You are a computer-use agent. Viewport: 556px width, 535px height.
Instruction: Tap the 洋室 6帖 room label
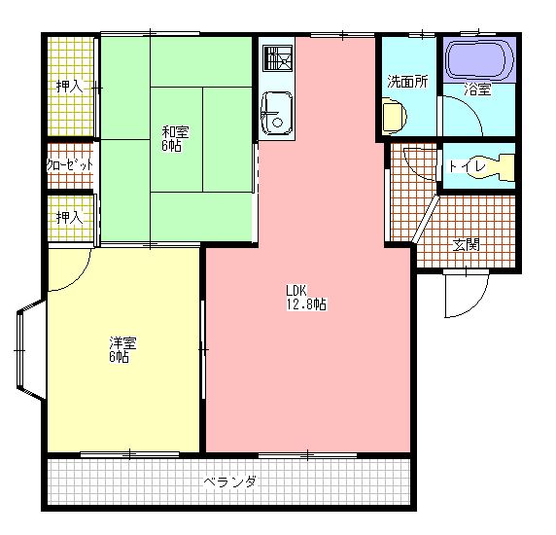122,349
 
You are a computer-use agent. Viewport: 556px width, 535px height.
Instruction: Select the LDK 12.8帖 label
305,297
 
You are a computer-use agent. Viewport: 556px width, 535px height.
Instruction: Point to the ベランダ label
230,481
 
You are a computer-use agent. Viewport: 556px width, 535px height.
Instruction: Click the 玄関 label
466,244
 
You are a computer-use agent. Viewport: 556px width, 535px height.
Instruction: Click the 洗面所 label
407,82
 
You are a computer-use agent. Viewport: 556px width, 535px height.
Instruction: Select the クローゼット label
70,165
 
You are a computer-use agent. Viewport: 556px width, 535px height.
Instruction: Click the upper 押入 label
69,86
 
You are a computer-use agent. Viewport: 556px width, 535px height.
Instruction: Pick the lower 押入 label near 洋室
69,217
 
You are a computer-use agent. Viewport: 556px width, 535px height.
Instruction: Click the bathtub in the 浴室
477,60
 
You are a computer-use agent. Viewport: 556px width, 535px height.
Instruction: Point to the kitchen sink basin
276,113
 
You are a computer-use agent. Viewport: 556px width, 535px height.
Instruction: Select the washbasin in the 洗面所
392,118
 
